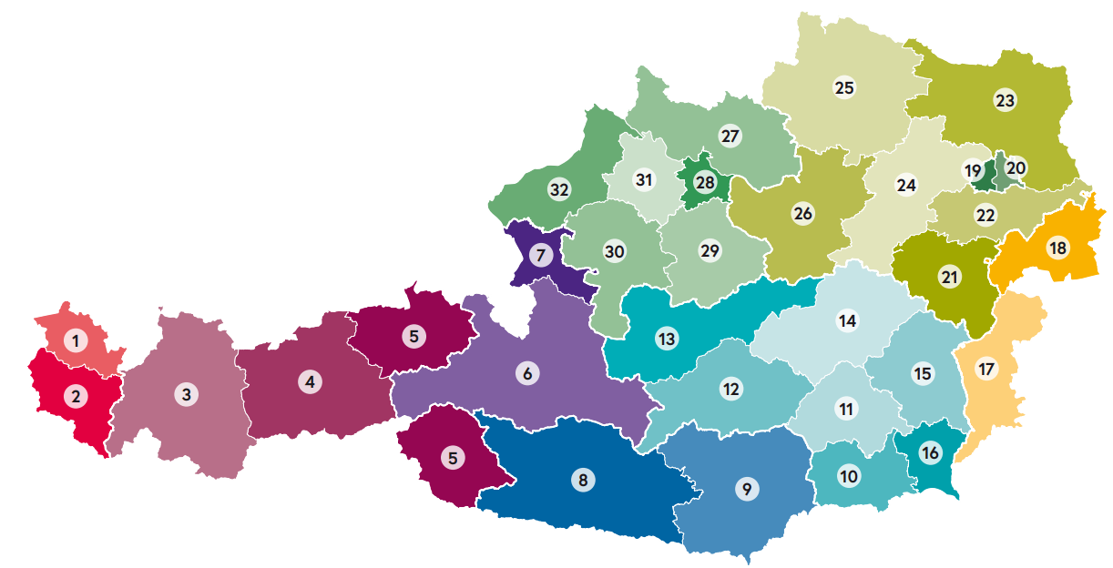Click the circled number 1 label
click(76, 341)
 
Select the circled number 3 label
click(186, 394)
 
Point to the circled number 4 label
click(311, 382)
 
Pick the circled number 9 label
click(747, 489)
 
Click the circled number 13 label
click(667, 340)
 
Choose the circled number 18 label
click(1057, 248)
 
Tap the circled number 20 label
click(1016, 167)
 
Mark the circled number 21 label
click(950, 277)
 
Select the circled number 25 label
click(844, 87)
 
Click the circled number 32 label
click(559, 190)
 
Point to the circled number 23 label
click(1005, 100)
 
